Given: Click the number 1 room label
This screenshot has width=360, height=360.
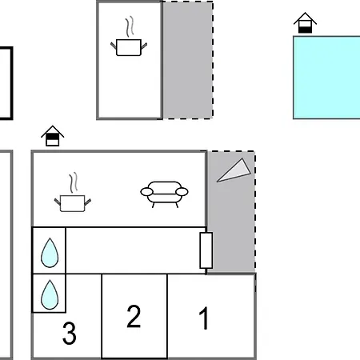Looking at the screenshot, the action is point(204,318).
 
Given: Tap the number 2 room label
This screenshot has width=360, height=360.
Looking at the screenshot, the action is point(134,316).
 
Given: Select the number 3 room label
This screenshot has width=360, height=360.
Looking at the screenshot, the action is point(70,333).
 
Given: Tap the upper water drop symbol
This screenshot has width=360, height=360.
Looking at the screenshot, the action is point(50,253).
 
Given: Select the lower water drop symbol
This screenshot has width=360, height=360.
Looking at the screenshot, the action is point(50,294).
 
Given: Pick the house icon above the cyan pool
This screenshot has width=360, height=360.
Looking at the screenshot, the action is point(305,22).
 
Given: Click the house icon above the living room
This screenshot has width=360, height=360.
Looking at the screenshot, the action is point(53,136).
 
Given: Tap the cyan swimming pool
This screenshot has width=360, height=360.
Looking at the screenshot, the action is point(326,78).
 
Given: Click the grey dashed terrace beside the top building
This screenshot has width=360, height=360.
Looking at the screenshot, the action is point(188,60).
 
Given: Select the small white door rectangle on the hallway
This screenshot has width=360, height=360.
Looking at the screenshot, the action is point(206,250).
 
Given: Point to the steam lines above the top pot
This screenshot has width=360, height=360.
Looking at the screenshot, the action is point(130,26).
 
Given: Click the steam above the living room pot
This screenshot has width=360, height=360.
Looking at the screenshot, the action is point(74,182).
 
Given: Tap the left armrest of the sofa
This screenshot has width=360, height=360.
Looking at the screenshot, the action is point(146,192).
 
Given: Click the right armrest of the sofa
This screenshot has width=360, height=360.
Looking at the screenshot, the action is point(182,192).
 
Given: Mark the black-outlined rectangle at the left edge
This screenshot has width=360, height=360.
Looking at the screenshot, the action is point(12,83).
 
